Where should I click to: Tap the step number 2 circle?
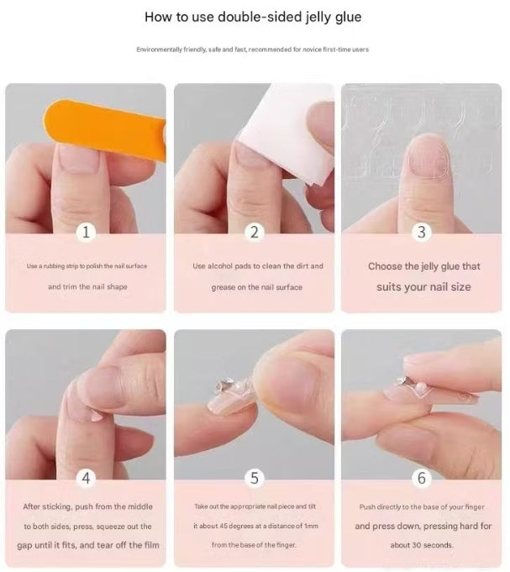(255, 233)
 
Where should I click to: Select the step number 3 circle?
(422, 233)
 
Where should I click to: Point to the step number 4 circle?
(86, 479)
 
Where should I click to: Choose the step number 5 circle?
(255, 479)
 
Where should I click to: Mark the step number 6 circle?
(422, 479)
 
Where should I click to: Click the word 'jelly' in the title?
(298, 17)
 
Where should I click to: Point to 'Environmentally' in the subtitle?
(160, 50)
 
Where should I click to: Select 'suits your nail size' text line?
(424, 287)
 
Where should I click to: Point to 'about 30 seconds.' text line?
(422, 545)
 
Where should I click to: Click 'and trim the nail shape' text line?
(87, 287)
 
